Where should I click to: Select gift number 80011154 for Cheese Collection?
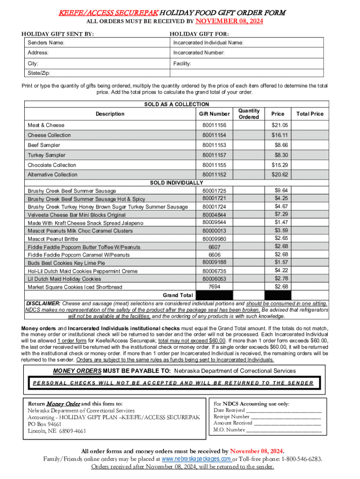214,135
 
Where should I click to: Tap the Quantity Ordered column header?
249,114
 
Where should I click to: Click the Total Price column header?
309,114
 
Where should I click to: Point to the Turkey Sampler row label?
46,155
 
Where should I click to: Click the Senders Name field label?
46,43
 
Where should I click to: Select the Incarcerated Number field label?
199,53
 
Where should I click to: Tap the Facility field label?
182,63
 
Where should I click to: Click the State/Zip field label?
39,73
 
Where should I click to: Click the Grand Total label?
178,296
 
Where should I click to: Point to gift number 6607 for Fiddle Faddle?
214,247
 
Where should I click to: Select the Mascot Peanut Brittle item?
53,239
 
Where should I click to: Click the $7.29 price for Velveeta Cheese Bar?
281,214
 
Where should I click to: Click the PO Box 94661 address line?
44,424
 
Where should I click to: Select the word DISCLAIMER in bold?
43,303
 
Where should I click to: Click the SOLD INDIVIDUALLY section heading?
176,182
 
